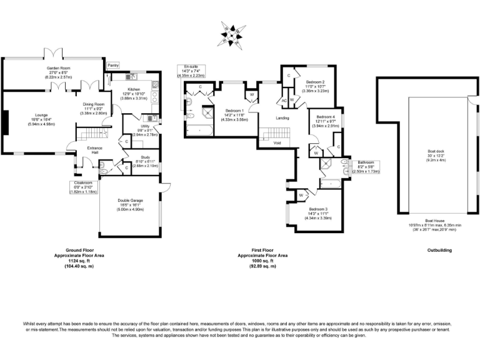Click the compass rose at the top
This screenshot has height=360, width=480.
(233, 34)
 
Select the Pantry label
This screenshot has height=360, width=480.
(113, 65)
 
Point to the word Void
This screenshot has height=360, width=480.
(277, 143)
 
